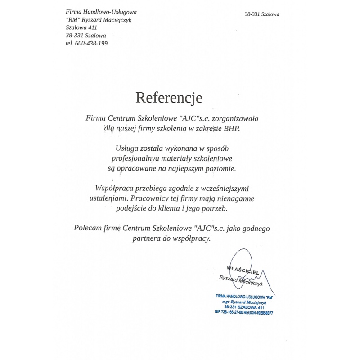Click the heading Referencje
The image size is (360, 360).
tap(169, 98)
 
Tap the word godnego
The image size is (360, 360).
tap(255, 228)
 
